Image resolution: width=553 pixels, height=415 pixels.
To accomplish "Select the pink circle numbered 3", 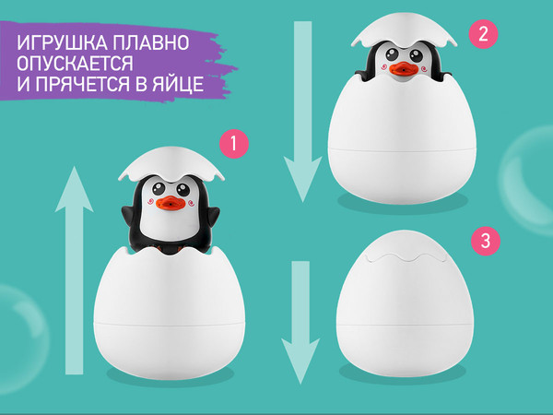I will (x=485, y=243).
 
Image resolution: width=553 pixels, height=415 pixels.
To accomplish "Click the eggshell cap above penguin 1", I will (x=168, y=163).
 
